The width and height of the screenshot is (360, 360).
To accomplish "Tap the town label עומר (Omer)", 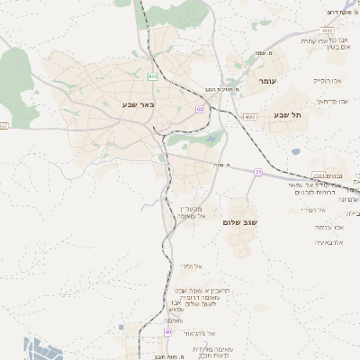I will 269,82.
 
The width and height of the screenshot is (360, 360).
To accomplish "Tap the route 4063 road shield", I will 249,117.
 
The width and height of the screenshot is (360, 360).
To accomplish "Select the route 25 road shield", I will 257,171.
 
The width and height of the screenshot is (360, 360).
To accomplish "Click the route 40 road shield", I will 168,332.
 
